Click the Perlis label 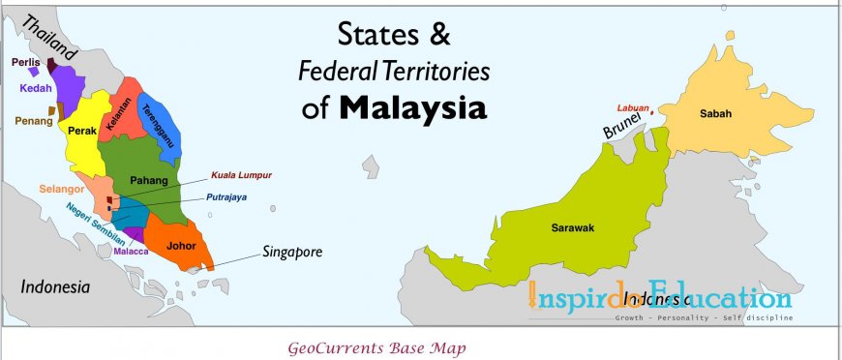pyautogui.click(x=25, y=62)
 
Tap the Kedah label pyautogui.click(x=35, y=87)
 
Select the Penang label pyautogui.click(x=33, y=121)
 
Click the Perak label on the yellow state pyautogui.click(x=82, y=143)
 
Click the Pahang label pyautogui.click(x=149, y=180)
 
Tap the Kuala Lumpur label pyautogui.click(x=242, y=175)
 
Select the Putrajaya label pyautogui.click(x=226, y=197)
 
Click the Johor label pyautogui.click(x=182, y=245)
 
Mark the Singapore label pyautogui.click(x=291, y=252)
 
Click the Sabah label pyautogui.click(x=715, y=113)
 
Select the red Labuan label pyautogui.click(x=631, y=107)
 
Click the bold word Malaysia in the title pyautogui.click(x=412, y=107)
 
